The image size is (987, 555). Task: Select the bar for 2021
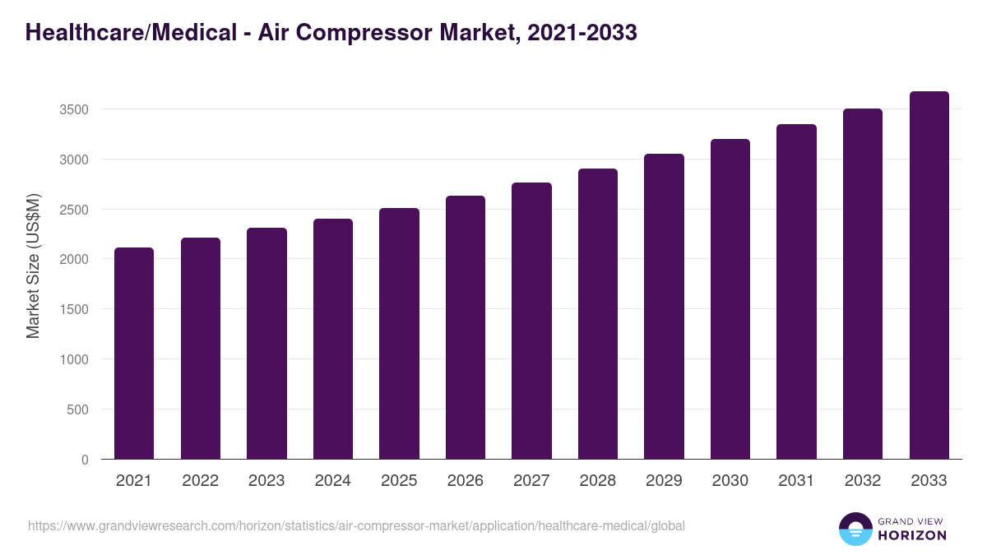pyautogui.click(x=134, y=354)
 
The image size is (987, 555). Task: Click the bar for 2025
pyautogui.click(x=399, y=334)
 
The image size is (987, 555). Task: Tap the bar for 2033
pyautogui.click(x=929, y=275)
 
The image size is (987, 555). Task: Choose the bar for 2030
pyautogui.click(x=730, y=299)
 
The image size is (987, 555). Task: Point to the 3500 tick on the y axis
pyautogui.click(x=75, y=109)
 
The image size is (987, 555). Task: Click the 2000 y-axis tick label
pyautogui.click(x=75, y=259)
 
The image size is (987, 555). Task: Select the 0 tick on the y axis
pyautogui.click(x=85, y=460)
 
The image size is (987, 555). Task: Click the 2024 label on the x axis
pyautogui.click(x=333, y=481)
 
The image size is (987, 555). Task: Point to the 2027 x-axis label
pyautogui.click(x=531, y=481)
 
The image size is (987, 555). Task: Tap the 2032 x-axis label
pyautogui.click(x=863, y=481)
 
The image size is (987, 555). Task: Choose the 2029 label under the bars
pyautogui.click(x=664, y=481)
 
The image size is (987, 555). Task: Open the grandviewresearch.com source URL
pyautogui.click(x=356, y=525)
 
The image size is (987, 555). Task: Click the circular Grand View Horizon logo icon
pyautogui.click(x=855, y=530)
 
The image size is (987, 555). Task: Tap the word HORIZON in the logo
pyautogui.click(x=912, y=535)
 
